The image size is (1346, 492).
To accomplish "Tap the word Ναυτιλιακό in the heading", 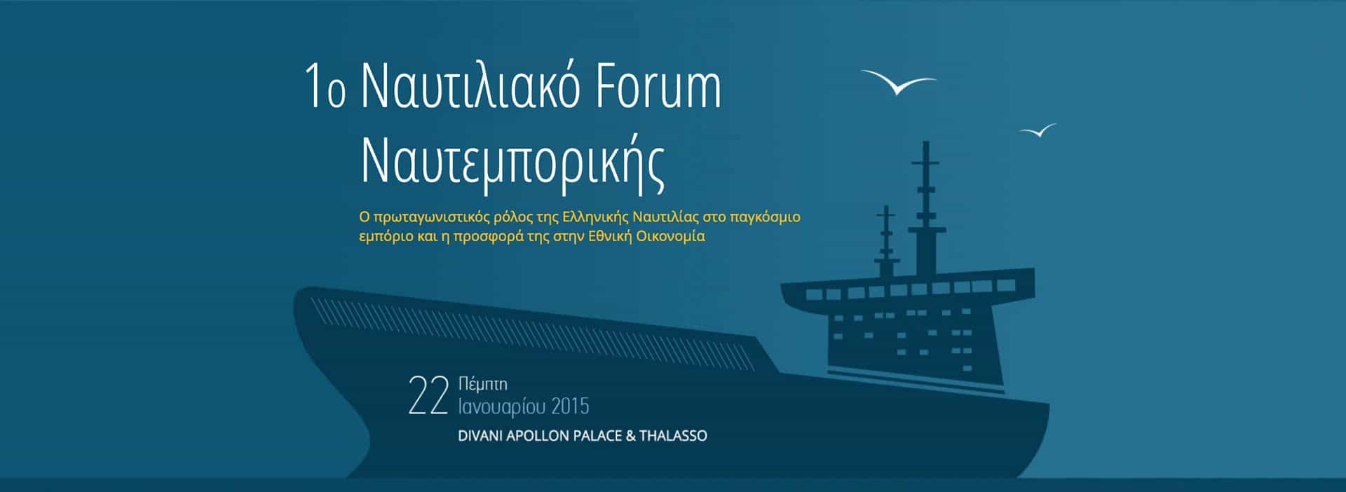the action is pos(470,88).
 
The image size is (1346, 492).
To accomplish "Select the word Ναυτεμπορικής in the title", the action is pos(512,162).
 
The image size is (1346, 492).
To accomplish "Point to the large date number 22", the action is pos(428,396).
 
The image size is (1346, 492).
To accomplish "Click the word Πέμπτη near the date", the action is pos(482,384).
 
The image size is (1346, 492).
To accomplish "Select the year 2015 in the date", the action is pos(571,406).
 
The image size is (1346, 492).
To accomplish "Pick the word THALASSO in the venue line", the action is pos(673,436).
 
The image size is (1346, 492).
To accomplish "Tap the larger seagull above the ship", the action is pos(898,82).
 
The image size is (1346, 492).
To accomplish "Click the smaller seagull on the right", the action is pos(1038,130).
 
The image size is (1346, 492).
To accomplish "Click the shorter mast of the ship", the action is pos(887,242).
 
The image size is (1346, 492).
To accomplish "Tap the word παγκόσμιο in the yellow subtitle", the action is pos(765,217).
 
